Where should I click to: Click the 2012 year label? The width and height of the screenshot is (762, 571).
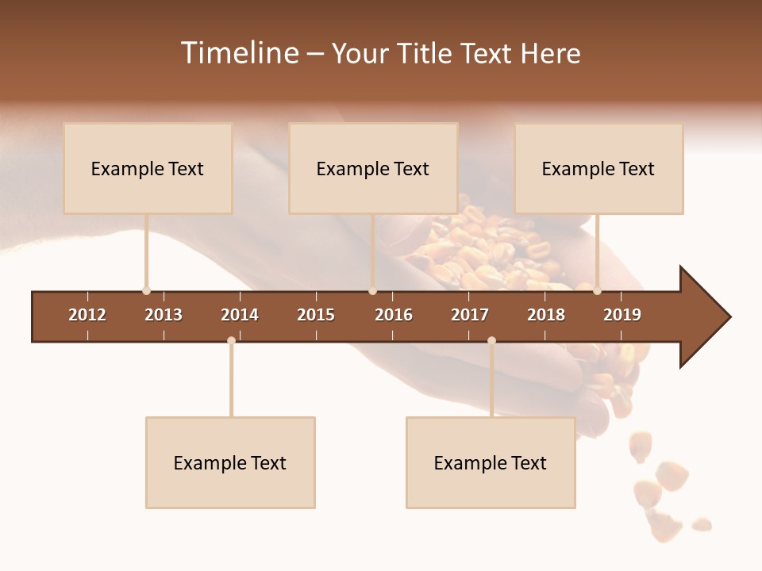[87, 315]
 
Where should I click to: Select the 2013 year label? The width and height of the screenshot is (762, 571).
[164, 315]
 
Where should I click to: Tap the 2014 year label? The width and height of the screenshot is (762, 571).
[240, 315]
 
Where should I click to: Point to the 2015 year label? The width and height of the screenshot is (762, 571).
[316, 315]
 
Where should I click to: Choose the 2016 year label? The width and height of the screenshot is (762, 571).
[394, 315]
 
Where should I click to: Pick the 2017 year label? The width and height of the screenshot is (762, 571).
[470, 315]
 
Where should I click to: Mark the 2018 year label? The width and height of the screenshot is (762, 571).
[546, 315]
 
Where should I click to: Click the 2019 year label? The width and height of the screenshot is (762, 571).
[622, 315]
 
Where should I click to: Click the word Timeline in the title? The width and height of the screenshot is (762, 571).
[240, 53]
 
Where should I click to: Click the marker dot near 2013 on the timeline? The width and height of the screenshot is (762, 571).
[146, 291]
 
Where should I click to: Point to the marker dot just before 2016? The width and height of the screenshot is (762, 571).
[372, 291]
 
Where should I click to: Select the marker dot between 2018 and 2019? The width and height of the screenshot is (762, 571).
[597, 291]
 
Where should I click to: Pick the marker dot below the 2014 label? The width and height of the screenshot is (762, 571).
[231, 341]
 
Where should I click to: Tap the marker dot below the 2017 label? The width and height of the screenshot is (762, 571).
[491, 341]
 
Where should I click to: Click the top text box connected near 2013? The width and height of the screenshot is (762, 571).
[148, 168]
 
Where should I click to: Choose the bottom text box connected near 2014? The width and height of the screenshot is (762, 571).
[230, 462]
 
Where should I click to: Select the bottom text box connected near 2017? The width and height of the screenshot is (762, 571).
[491, 462]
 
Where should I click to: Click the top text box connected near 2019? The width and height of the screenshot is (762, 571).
[598, 168]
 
